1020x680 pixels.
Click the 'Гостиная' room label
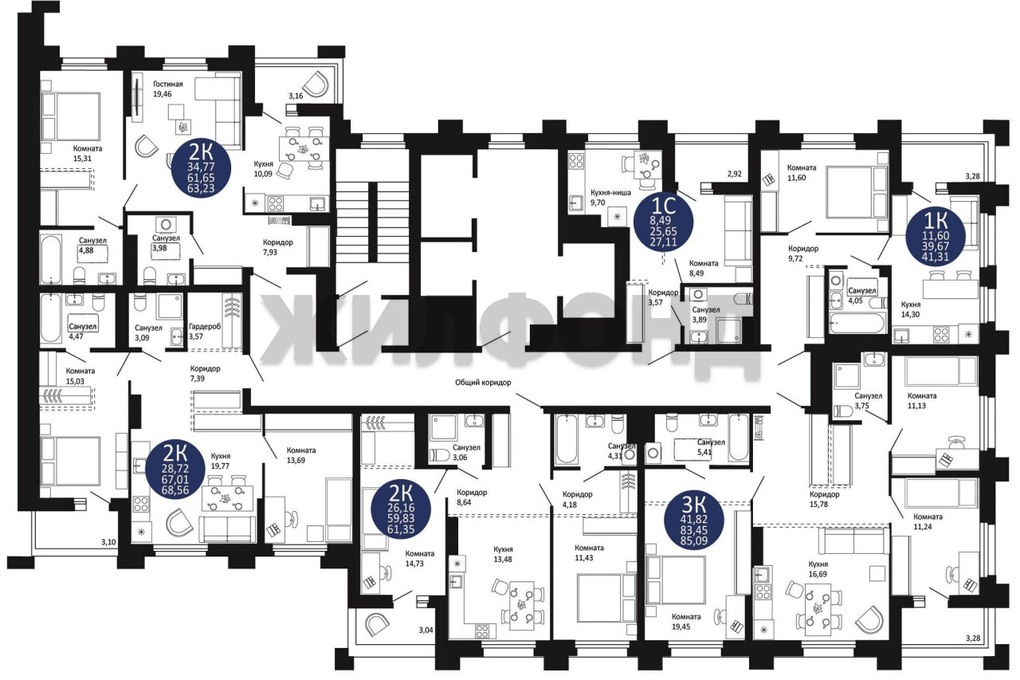167,85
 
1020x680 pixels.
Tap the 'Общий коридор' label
483,383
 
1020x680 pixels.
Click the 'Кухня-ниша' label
610,193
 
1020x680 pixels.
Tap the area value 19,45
681,627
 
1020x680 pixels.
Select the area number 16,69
818,574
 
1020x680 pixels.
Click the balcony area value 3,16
296,96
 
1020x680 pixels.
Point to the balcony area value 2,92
735,174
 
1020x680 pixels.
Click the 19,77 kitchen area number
221,466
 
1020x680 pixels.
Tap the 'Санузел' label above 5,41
711,442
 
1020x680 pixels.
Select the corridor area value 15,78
818,504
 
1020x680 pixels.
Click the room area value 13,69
296,460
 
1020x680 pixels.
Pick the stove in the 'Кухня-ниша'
576,161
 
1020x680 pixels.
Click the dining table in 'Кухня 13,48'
522,606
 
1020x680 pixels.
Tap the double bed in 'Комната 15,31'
71,116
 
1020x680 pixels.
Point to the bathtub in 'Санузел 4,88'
50,260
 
